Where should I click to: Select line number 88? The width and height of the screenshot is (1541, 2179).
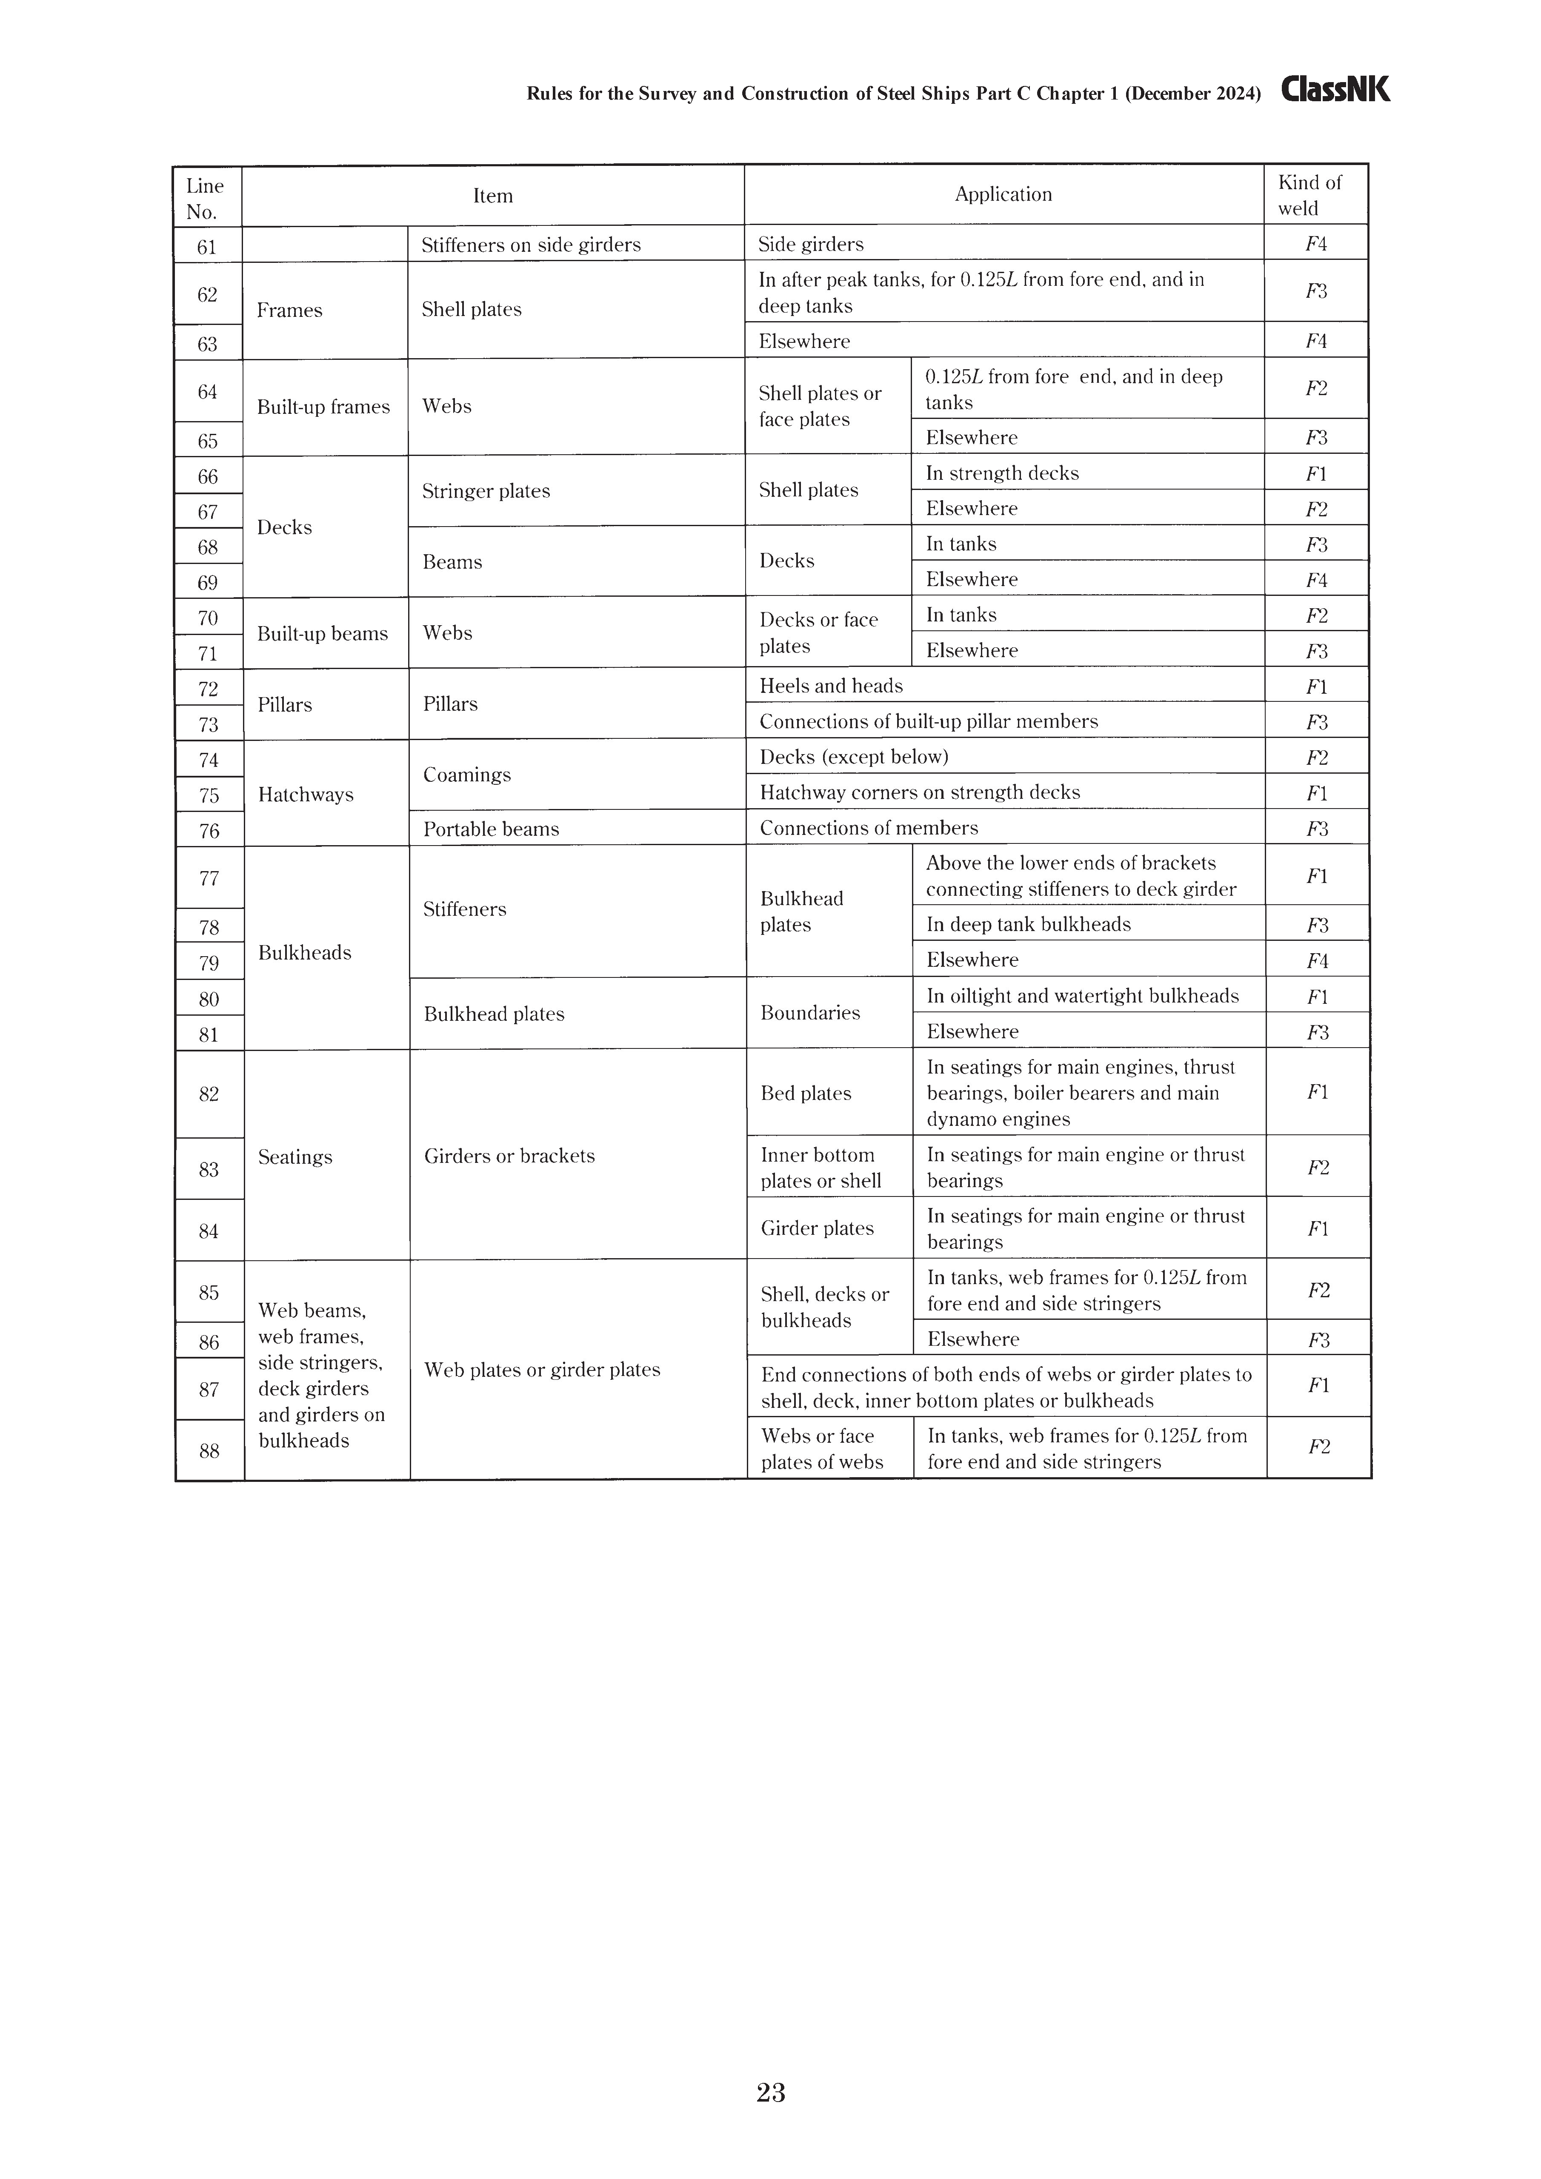point(209,1450)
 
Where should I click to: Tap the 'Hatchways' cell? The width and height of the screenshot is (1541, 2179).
point(306,795)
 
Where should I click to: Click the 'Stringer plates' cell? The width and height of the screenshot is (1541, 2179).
point(486,491)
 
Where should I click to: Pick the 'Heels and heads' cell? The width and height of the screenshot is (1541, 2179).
point(831,685)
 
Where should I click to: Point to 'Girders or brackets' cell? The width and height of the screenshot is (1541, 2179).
point(509,1156)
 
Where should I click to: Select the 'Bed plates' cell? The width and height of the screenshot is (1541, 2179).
point(805,1093)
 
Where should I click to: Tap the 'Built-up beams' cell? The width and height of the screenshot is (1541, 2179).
point(323,633)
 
